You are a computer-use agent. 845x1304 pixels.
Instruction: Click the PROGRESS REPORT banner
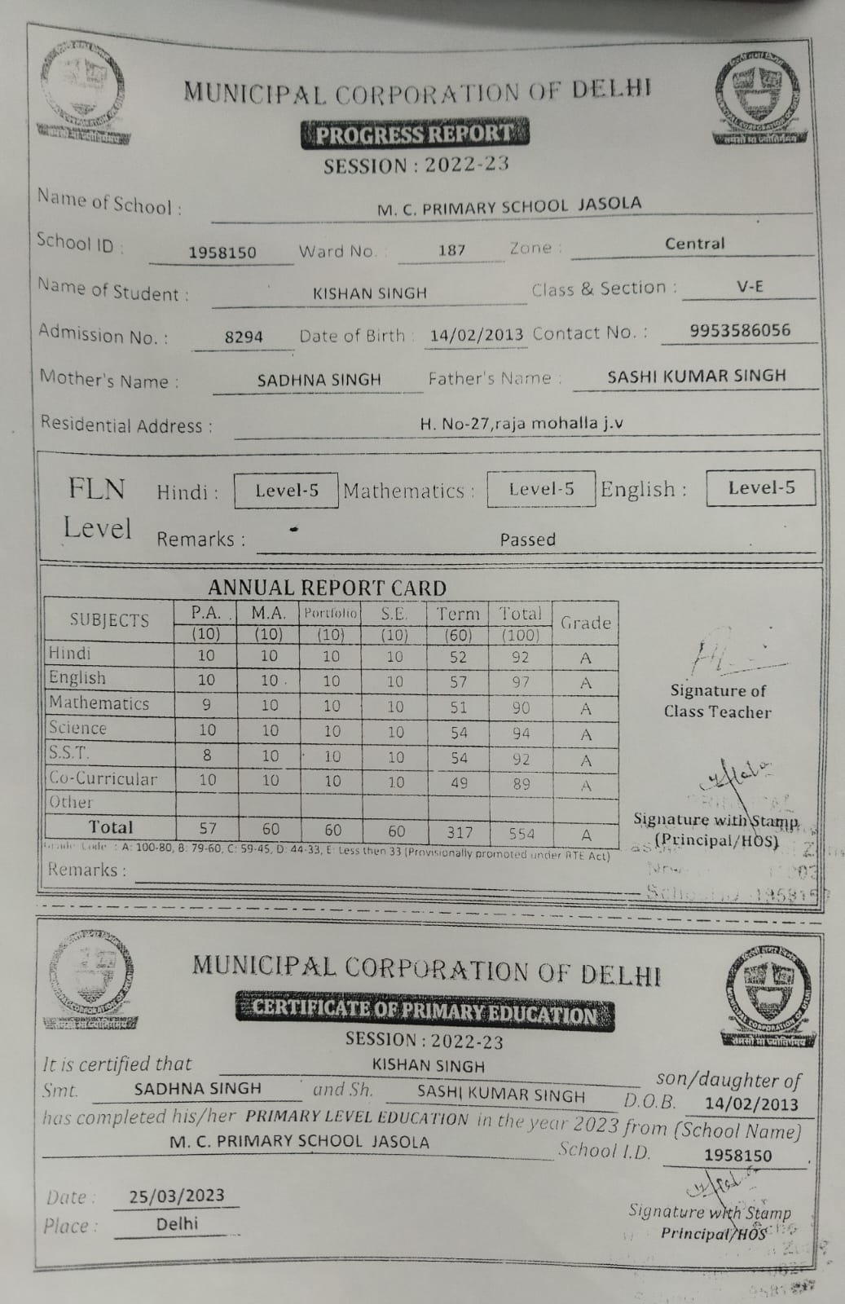(415, 133)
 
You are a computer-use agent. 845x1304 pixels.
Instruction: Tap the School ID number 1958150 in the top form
(222, 253)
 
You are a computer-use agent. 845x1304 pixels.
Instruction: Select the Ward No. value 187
(451, 249)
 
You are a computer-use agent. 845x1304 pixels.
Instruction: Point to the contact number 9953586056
(740, 330)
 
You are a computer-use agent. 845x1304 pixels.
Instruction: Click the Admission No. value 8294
(244, 336)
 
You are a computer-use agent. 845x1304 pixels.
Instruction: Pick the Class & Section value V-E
(750, 287)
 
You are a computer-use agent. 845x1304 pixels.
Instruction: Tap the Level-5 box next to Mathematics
(541, 489)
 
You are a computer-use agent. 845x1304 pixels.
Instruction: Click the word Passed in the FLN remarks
(528, 540)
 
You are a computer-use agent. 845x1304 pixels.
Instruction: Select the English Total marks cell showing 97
(521, 681)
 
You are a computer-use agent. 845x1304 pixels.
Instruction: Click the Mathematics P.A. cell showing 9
(206, 705)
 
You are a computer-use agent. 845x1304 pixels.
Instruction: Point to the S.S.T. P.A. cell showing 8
(207, 756)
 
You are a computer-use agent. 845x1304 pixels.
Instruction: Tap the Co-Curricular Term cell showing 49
(459, 782)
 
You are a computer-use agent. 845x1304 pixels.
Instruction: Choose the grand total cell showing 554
(522, 833)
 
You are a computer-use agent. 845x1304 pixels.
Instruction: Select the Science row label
(77, 728)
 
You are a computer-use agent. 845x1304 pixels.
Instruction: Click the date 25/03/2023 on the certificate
(177, 1196)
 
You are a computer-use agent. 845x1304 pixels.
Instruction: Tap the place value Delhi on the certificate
(177, 1223)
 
